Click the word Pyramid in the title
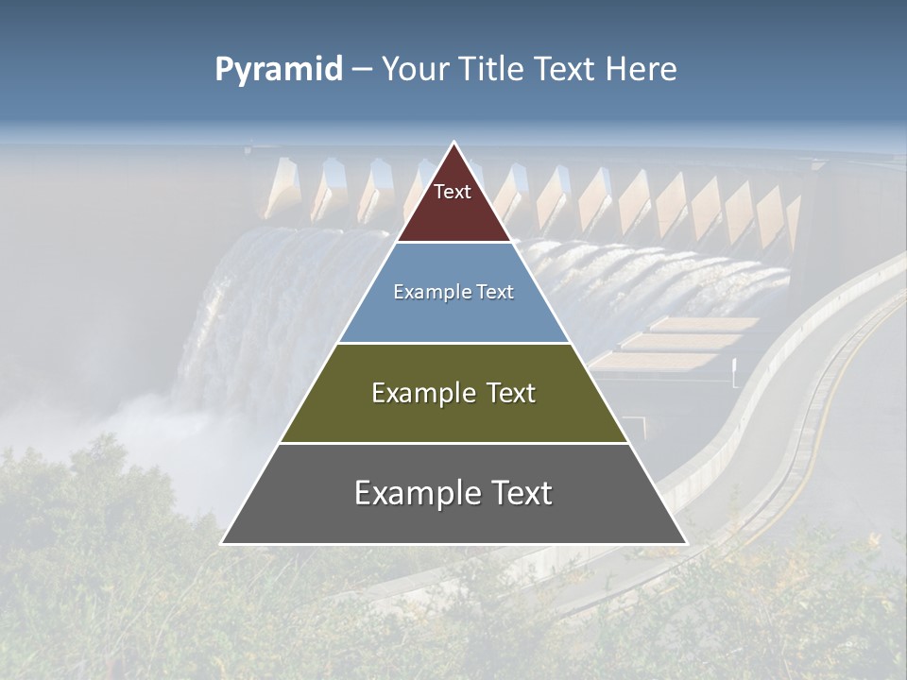(278, 70)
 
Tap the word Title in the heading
(491, 69)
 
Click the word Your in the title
(416, 69)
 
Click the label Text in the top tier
(453, 192)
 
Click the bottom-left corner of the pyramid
(223, 543)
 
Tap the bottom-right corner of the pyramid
(685, 543)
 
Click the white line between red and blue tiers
(453, 243)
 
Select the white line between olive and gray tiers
(453, 443)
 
